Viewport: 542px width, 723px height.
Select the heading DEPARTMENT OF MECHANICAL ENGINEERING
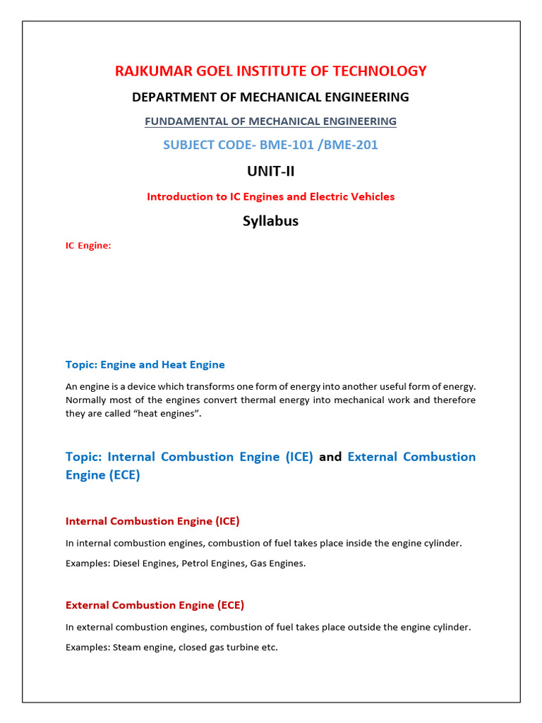click(x=270, y=97)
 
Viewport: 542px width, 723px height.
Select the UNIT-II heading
click(x=270, y=172)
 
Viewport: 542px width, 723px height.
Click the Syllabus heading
click(x=270, y=221)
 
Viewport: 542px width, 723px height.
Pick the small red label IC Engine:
click(x=88, y=246)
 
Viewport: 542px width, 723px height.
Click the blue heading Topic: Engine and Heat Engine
click(x=145, y=365)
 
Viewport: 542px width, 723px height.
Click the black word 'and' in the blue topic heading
click(x=330, y=457)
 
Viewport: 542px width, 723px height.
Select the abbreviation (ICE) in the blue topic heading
click(x=299, y=457)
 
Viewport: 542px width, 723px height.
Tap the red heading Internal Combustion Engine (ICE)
click(x=152, y=521)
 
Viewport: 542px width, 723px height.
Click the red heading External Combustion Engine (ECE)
click(x=155, y=605)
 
